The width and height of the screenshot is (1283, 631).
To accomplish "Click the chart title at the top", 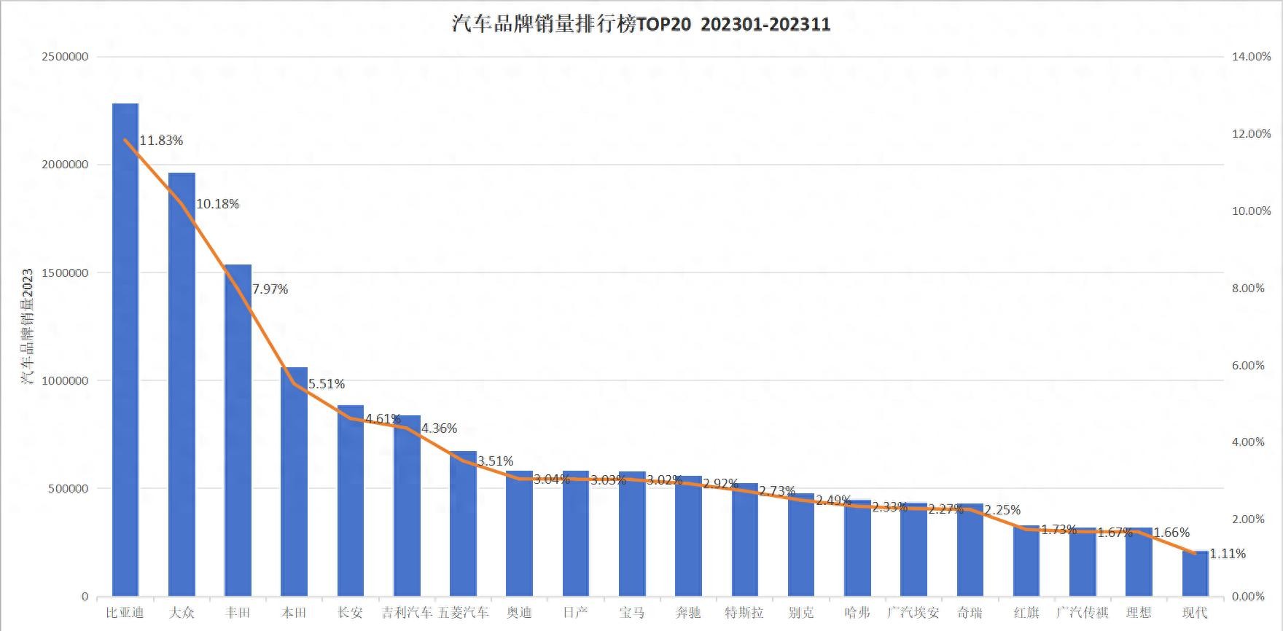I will pyautogui.click(x=641, y=24).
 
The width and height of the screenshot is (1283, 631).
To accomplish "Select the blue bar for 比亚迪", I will pyautogui.click(x=125, y=350).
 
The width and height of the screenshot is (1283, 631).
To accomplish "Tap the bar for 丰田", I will pyautogui.click(x=238, y=430).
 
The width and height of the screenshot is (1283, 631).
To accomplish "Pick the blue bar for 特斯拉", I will pyautogui.click(x=744, y=540).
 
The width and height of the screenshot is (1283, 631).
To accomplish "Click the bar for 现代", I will pyautogui.click(x=1195, y=574).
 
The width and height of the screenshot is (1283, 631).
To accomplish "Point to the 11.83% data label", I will pyautogui.click(x=161, y=141).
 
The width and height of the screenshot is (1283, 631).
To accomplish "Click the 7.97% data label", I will pyautogui.click(x=270, y=289).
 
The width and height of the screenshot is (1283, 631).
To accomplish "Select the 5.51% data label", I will pyautogui.click(x=326, y=384).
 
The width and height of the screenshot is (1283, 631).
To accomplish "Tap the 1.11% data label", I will pyautogui.click(x=1228, y=554).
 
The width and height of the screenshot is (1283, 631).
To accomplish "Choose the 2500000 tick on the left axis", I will pyautogui.click(x=65, y=57).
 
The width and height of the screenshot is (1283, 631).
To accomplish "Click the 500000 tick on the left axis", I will pyautogui.click(x=69, y=489).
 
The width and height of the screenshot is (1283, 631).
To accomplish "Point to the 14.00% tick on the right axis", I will pyautogui.click(x=1251, y=57).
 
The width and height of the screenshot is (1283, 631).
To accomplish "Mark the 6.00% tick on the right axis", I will pyautogui.click(x=1248, y=366).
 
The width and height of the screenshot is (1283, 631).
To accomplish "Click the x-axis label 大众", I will pyautogui.click(x=182, y=613).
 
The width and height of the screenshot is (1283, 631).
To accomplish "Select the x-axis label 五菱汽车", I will pyautogui.click(x=463, y=613).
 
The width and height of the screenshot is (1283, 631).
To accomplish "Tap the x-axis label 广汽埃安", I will pyautogui.click(x=913, y=613).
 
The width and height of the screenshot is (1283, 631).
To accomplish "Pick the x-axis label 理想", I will pyautogui.click(x=1138, y=613).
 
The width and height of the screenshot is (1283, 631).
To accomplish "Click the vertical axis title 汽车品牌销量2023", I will pyautogui.click(x=27, y=326).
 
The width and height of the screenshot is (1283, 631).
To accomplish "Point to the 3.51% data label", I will pyautogui.click(x=495, y=461).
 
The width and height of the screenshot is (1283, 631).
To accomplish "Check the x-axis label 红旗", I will pyautogui.click(x=1026, y=613).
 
